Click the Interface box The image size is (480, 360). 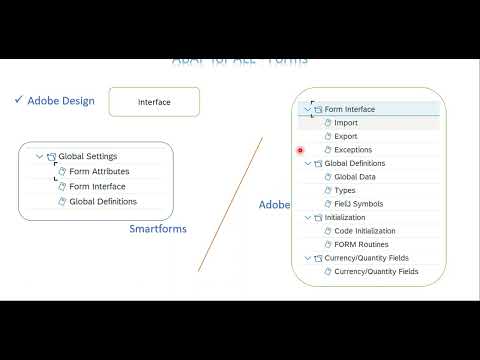pos(154,102)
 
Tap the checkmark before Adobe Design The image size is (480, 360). pos(18,100)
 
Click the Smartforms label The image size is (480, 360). pos(158,229)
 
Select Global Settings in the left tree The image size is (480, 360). pos(88,157)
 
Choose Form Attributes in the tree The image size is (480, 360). pos(99,172)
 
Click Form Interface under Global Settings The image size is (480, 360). pos(97,187)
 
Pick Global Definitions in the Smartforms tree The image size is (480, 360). pos(103,202)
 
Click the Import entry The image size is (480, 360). pos(346,123)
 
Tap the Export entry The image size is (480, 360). pos(346,137)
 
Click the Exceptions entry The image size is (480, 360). pos(353,150)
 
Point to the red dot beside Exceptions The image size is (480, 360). pos(301,151)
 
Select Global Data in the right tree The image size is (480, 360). pos(355,177)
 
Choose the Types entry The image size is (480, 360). pos(345,191)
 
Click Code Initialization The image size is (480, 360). pos(364,231)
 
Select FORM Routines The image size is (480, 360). pos(361,245)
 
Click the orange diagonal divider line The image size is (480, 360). pos(230,205)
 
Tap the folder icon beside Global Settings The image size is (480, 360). pos(51,157)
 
